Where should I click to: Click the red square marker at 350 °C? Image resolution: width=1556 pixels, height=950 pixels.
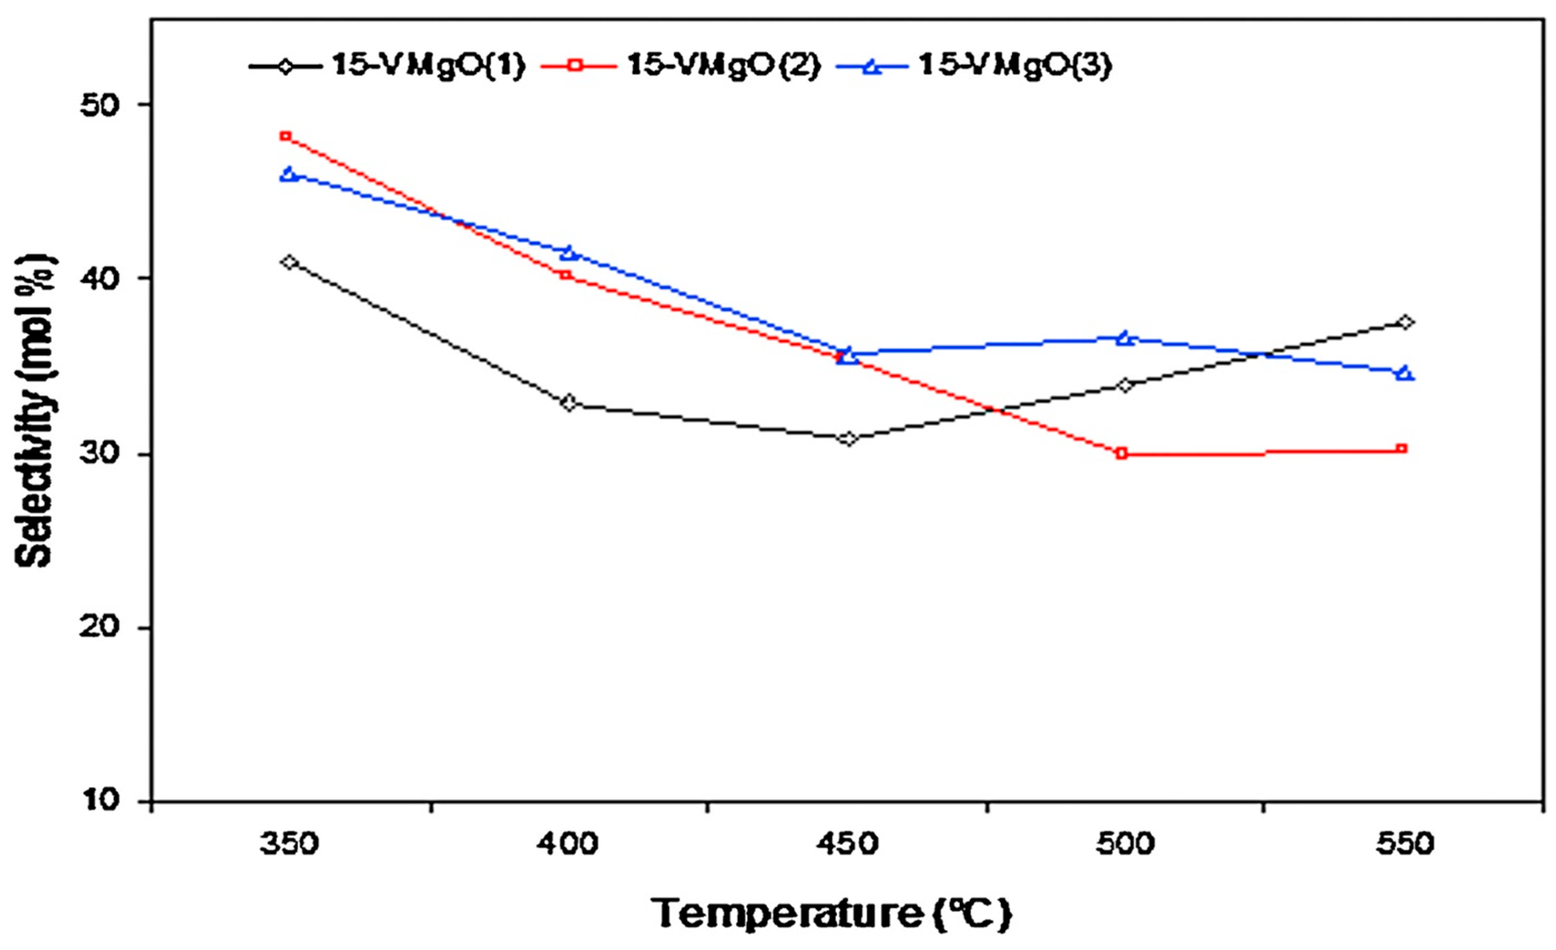(286, 136)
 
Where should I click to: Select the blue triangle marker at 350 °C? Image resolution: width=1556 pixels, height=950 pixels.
(289, 174)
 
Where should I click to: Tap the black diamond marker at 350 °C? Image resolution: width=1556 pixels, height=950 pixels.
(290, 262)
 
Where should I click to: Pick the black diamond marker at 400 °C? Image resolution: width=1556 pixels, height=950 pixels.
(569, 403)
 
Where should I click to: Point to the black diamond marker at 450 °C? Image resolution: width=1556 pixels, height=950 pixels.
(849, 438)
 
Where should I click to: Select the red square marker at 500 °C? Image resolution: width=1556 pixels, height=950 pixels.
(1122, 453)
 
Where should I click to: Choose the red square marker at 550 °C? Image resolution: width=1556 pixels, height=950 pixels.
(1401, 449)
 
